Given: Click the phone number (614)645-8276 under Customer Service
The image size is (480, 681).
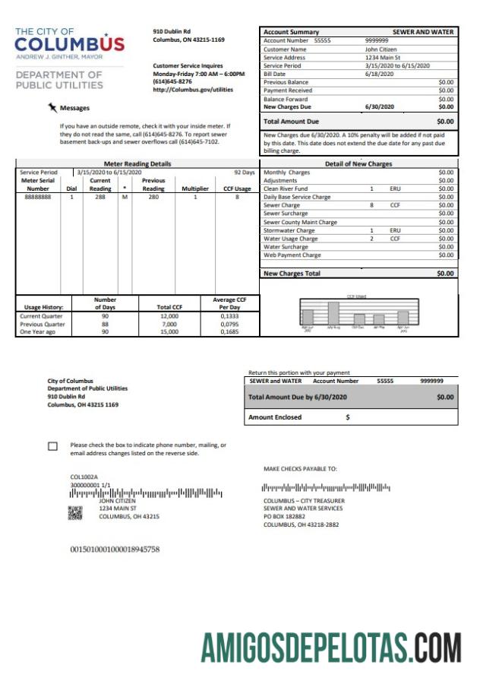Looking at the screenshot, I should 172,81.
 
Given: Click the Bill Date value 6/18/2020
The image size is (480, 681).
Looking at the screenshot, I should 379,74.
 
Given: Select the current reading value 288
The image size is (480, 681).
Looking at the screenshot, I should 99,197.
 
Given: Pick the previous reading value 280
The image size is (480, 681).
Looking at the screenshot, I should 153,197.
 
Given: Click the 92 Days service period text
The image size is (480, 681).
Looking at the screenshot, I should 244,173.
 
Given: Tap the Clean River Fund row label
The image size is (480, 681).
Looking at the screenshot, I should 286,188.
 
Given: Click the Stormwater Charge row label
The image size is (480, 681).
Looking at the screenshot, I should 289,230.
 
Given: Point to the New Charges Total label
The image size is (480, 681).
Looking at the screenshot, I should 292,273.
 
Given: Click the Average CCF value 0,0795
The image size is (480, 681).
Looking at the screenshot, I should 229,324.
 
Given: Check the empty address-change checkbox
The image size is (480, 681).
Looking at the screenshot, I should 52,447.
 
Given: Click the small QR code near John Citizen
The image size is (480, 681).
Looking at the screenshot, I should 74,513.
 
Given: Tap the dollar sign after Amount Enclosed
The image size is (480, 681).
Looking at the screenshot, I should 348,417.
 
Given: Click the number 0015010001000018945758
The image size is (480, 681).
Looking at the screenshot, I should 115,548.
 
